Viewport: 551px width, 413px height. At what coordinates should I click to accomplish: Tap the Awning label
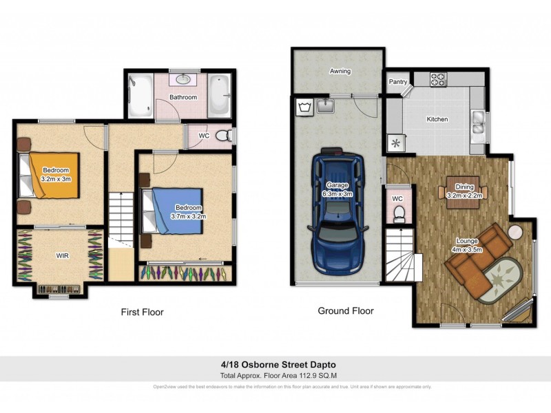click(x=340, y=71)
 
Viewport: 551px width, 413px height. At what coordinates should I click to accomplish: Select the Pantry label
click(x=397, y=81)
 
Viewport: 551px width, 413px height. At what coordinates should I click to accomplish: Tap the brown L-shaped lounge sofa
click(x=475, y=258)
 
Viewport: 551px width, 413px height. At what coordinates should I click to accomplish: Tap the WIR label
click(x=62, y=255)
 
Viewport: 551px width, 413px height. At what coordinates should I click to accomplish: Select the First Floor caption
click(x=142, y=312)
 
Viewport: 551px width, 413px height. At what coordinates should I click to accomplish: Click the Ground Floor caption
click(x=345, y=311)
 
